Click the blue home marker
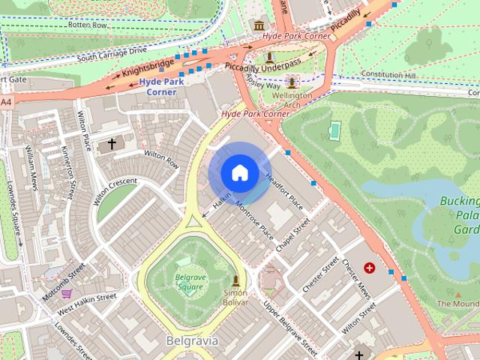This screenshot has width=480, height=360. click(x=239, y=173)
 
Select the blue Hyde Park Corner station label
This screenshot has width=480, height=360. click(x=161, y=86)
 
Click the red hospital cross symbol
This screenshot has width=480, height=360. click(x=369, y=267)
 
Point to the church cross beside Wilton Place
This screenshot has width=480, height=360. click(x=112, y=143)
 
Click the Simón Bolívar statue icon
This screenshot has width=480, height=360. click(x=236, y=281)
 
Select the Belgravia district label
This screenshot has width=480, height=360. click(x=191, y=341)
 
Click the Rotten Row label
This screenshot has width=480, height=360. click(x=88, y=25)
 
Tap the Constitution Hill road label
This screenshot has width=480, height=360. click(x=387, y=74)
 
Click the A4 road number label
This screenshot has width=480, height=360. click(x=6, y=101)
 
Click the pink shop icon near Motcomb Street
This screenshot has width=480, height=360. click(x=67, y=294)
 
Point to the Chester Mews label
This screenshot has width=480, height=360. click(x=356, y=278)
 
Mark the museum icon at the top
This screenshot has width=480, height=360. click(x=259, y=26)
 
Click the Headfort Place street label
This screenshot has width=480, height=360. click(x=284, y=191)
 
